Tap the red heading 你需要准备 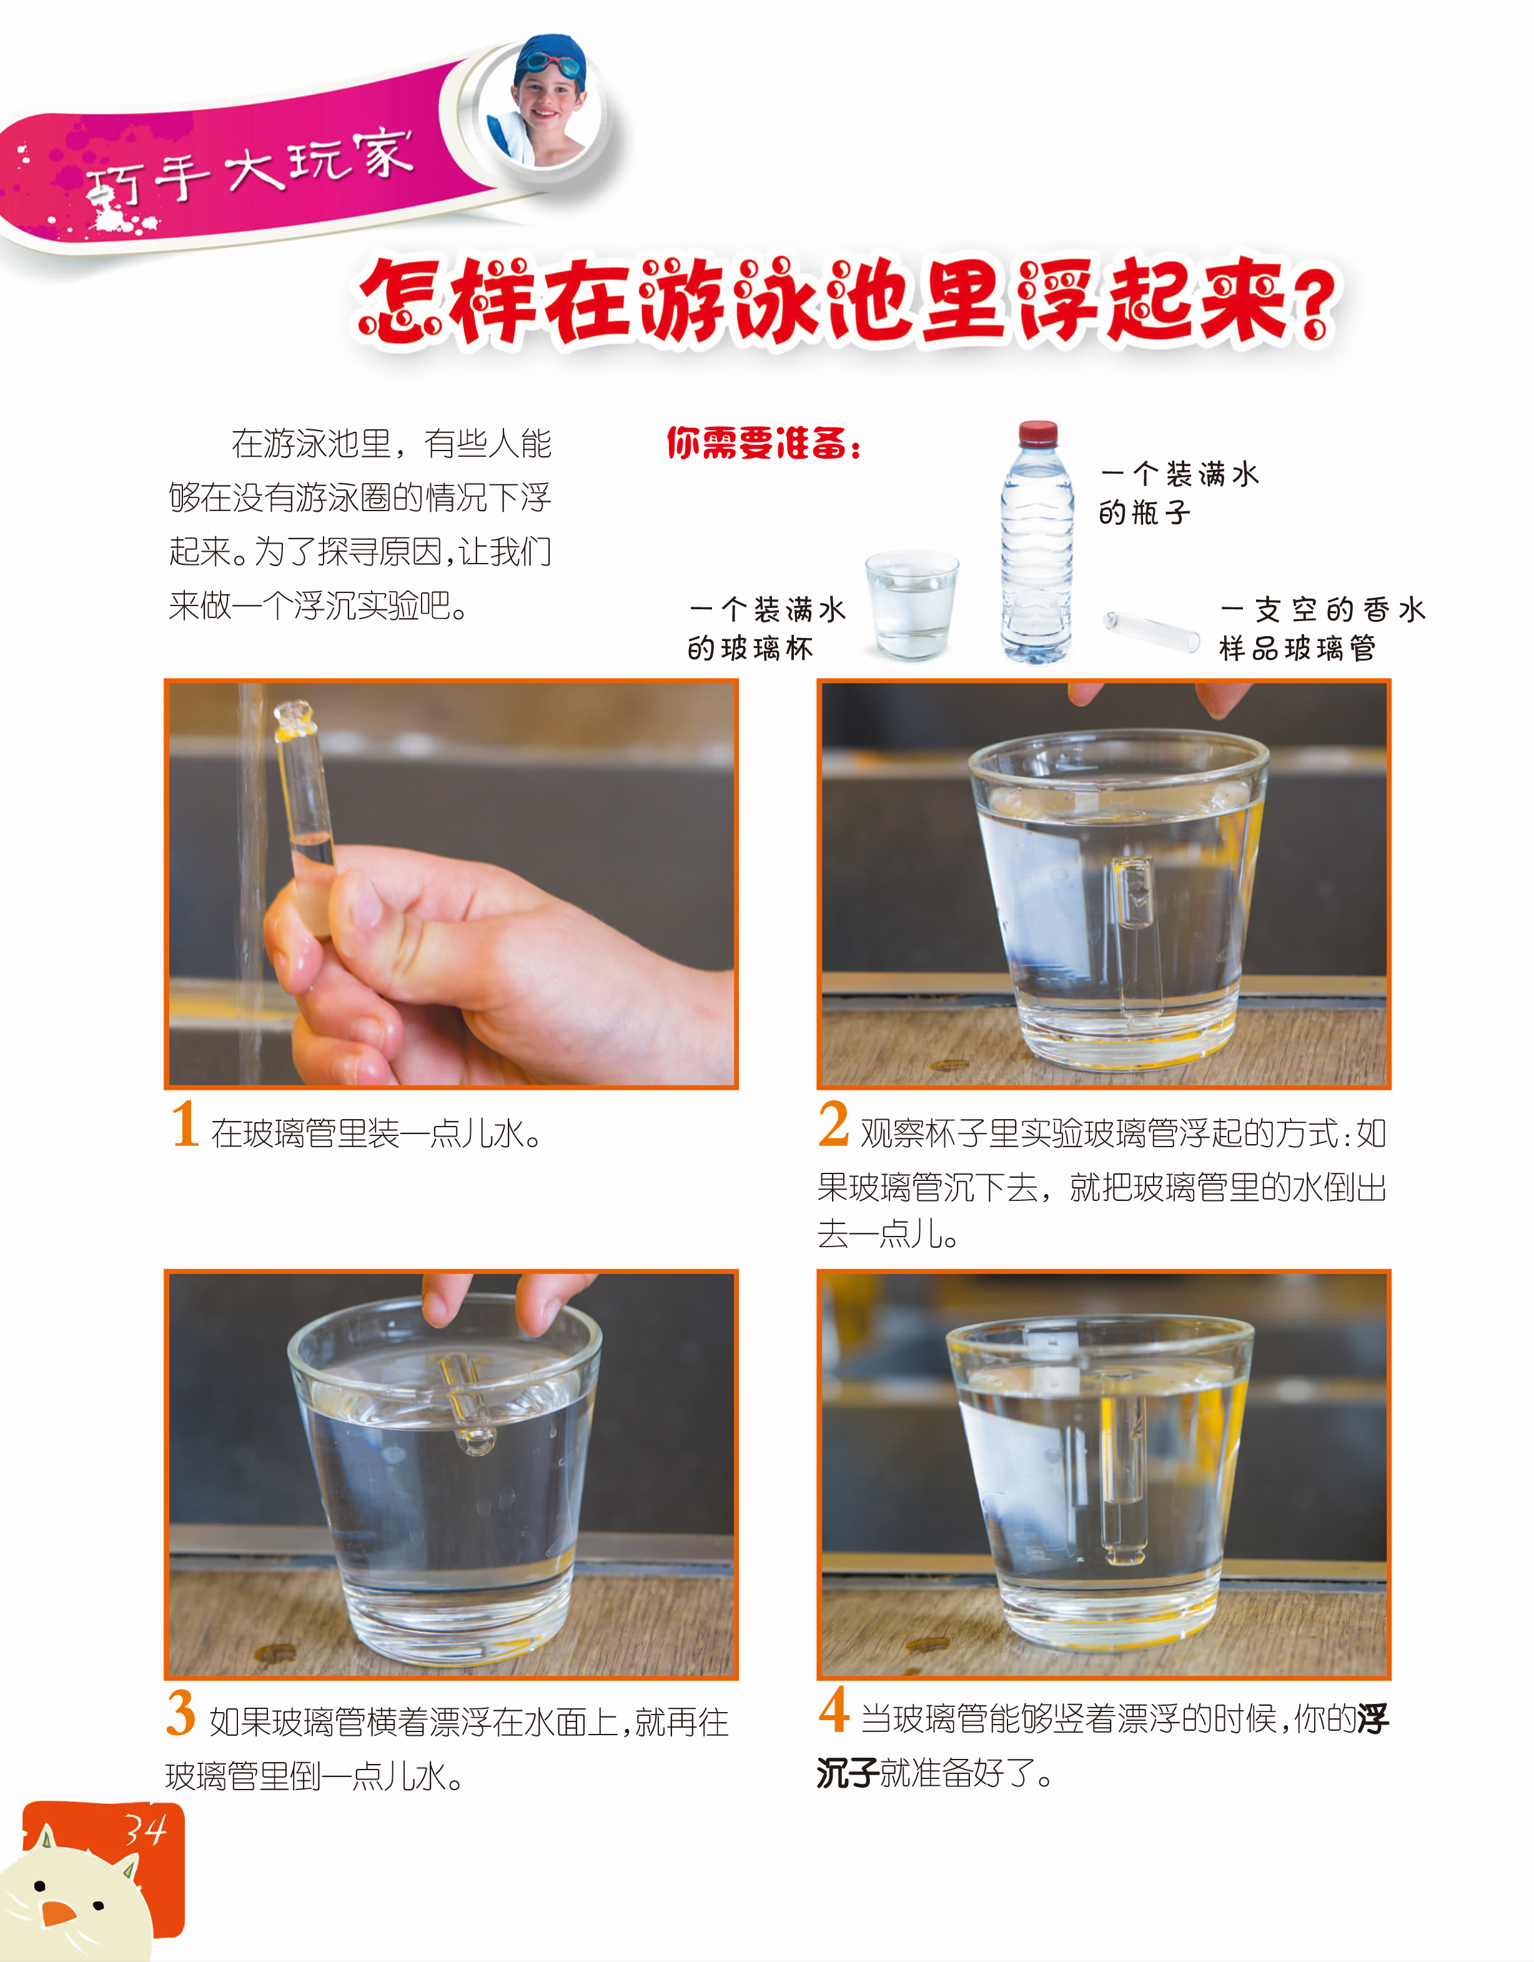[763, 443]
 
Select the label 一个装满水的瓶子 [1179, 492]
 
